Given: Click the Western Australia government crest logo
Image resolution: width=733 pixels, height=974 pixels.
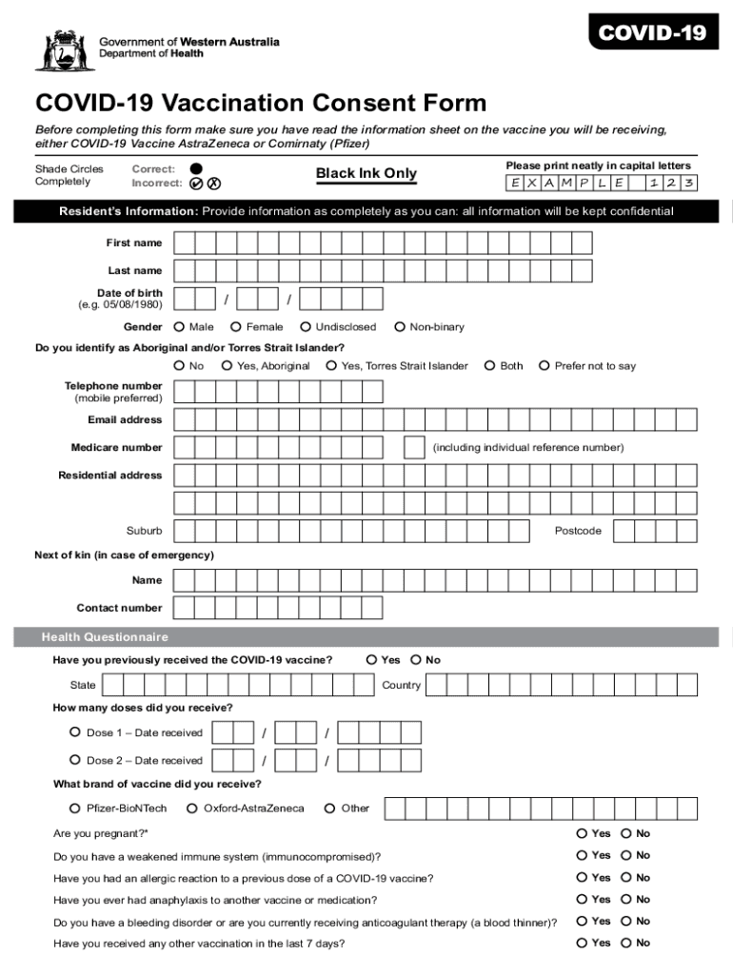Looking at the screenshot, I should tap(59, 50).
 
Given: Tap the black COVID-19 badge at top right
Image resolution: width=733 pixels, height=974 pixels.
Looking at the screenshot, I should tap(652, 34).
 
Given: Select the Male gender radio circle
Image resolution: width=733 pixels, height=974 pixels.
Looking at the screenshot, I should tap(179, 326).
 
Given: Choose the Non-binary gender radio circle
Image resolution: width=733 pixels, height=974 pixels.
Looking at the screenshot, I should tap(399, 326).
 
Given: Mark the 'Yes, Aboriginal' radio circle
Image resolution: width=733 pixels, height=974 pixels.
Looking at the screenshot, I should tap(227, 365).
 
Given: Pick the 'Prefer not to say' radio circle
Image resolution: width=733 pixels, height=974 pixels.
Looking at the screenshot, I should tap(545, 365).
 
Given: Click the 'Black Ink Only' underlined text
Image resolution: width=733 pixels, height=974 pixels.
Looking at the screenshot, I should tap(366, 173).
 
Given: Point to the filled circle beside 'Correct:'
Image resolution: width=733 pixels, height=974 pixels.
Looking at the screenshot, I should tap(196, 167).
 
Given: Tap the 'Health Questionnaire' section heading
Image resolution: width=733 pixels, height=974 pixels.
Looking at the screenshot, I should tap(105, 636).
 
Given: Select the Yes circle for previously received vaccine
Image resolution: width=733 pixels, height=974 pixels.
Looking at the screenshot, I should tap(371, 659).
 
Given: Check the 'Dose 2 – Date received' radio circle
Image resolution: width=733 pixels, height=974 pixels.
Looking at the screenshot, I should tap(75, 760).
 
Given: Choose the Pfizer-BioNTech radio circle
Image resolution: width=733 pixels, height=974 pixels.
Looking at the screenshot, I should tap(75, 808).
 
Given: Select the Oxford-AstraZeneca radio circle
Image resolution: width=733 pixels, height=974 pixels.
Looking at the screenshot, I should tap(193, 808).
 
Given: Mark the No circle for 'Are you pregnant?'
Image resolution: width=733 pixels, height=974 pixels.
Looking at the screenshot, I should tap(626, 832).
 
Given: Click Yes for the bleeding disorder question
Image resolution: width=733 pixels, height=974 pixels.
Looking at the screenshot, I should tap(582, 921).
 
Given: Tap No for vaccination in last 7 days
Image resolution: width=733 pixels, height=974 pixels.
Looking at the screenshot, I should tap(626, 943).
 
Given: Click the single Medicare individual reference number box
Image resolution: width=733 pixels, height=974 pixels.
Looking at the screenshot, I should tap(414, 447).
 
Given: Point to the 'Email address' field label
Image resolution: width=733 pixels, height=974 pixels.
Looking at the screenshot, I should tap(125, 419).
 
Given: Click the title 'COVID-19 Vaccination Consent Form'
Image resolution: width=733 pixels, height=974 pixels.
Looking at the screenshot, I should tap(261, 103).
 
